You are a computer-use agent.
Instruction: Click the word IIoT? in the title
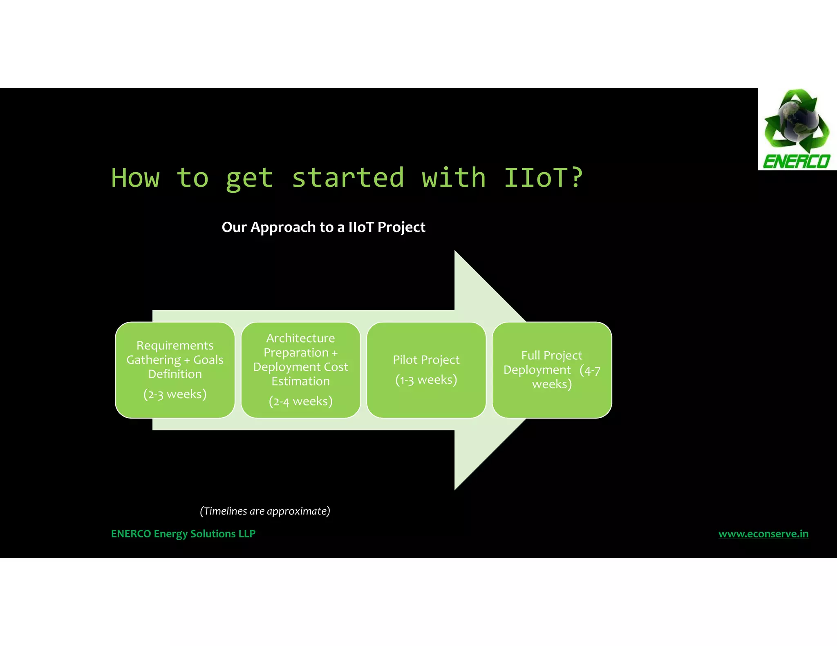pyautogui.click(x=543, y=178)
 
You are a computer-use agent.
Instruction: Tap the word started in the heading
pyautogui.click(x=348, y=178)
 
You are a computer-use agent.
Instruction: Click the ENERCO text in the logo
pyautogui.click(x=797, y=162)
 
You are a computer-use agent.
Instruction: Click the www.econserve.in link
pyautogui.click(x=763, y=534)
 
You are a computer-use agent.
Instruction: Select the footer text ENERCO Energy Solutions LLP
pyautogui.click(x=183, y=534)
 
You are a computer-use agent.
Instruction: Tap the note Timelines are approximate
pyautogui.click(x=265, y=511)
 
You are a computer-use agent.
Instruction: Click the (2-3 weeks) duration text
pyautogui.click(x=175, y=394)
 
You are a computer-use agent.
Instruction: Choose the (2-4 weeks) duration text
pyautogui.click(x=301, y=401)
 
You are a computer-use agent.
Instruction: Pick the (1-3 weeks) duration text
pyautogui.click(x=426, y=380)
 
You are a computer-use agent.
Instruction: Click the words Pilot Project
pyautogui.click(x=426, y=360)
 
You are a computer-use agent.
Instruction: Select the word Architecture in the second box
pyautogui.click(x=301, y=338)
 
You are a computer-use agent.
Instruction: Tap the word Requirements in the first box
pyautogui.click(x=175, y=345)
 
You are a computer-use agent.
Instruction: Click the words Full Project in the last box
pyautogui.click(x=552, y=355)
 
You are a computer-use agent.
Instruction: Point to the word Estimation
pyautogui.click(x=301, y=381)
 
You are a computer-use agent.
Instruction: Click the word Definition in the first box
pyautogui.click(x=175, y=374)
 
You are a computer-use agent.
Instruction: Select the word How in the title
pyautogui.click(x=135, y=178)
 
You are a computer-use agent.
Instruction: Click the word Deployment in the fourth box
pyautogui.click(x=537, y=370)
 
